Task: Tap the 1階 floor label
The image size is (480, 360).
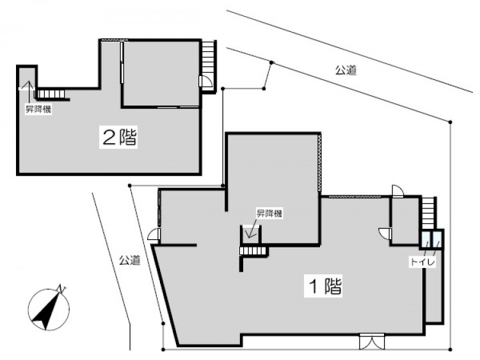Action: [323, 286]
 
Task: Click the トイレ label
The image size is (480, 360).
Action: [422, 262]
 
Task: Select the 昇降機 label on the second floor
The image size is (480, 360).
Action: [38, 109]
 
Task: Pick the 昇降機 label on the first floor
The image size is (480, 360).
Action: [269, 213]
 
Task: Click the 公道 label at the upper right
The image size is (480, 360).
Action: [346, 70]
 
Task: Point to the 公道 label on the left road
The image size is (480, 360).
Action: [129, 260]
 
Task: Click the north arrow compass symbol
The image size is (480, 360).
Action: [49, 308]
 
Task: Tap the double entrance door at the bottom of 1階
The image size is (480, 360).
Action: [372, 341]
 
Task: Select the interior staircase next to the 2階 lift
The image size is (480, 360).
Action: [51, 93]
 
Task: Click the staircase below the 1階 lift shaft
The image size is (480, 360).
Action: [253, 251]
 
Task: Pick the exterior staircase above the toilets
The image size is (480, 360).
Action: [428, 213]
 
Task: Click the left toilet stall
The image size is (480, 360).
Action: [426, 240]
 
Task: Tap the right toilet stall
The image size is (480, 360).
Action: [436, 240]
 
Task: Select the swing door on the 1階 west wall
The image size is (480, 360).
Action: [154, 234]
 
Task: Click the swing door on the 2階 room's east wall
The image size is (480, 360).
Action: [204, 81]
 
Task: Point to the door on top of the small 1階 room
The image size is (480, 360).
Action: [398, 191]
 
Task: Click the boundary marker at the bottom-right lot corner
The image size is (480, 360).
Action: [451, 349]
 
